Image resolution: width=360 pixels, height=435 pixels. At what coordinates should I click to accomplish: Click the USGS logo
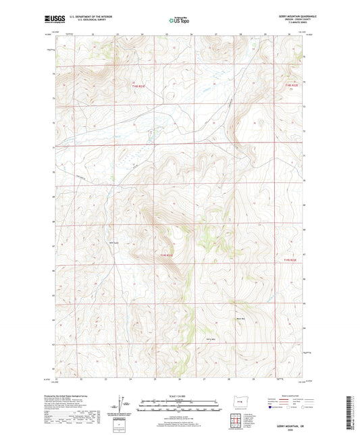(x=51, y=20)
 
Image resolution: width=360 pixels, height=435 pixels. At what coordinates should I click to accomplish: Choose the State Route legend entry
(x=309, y=408)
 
